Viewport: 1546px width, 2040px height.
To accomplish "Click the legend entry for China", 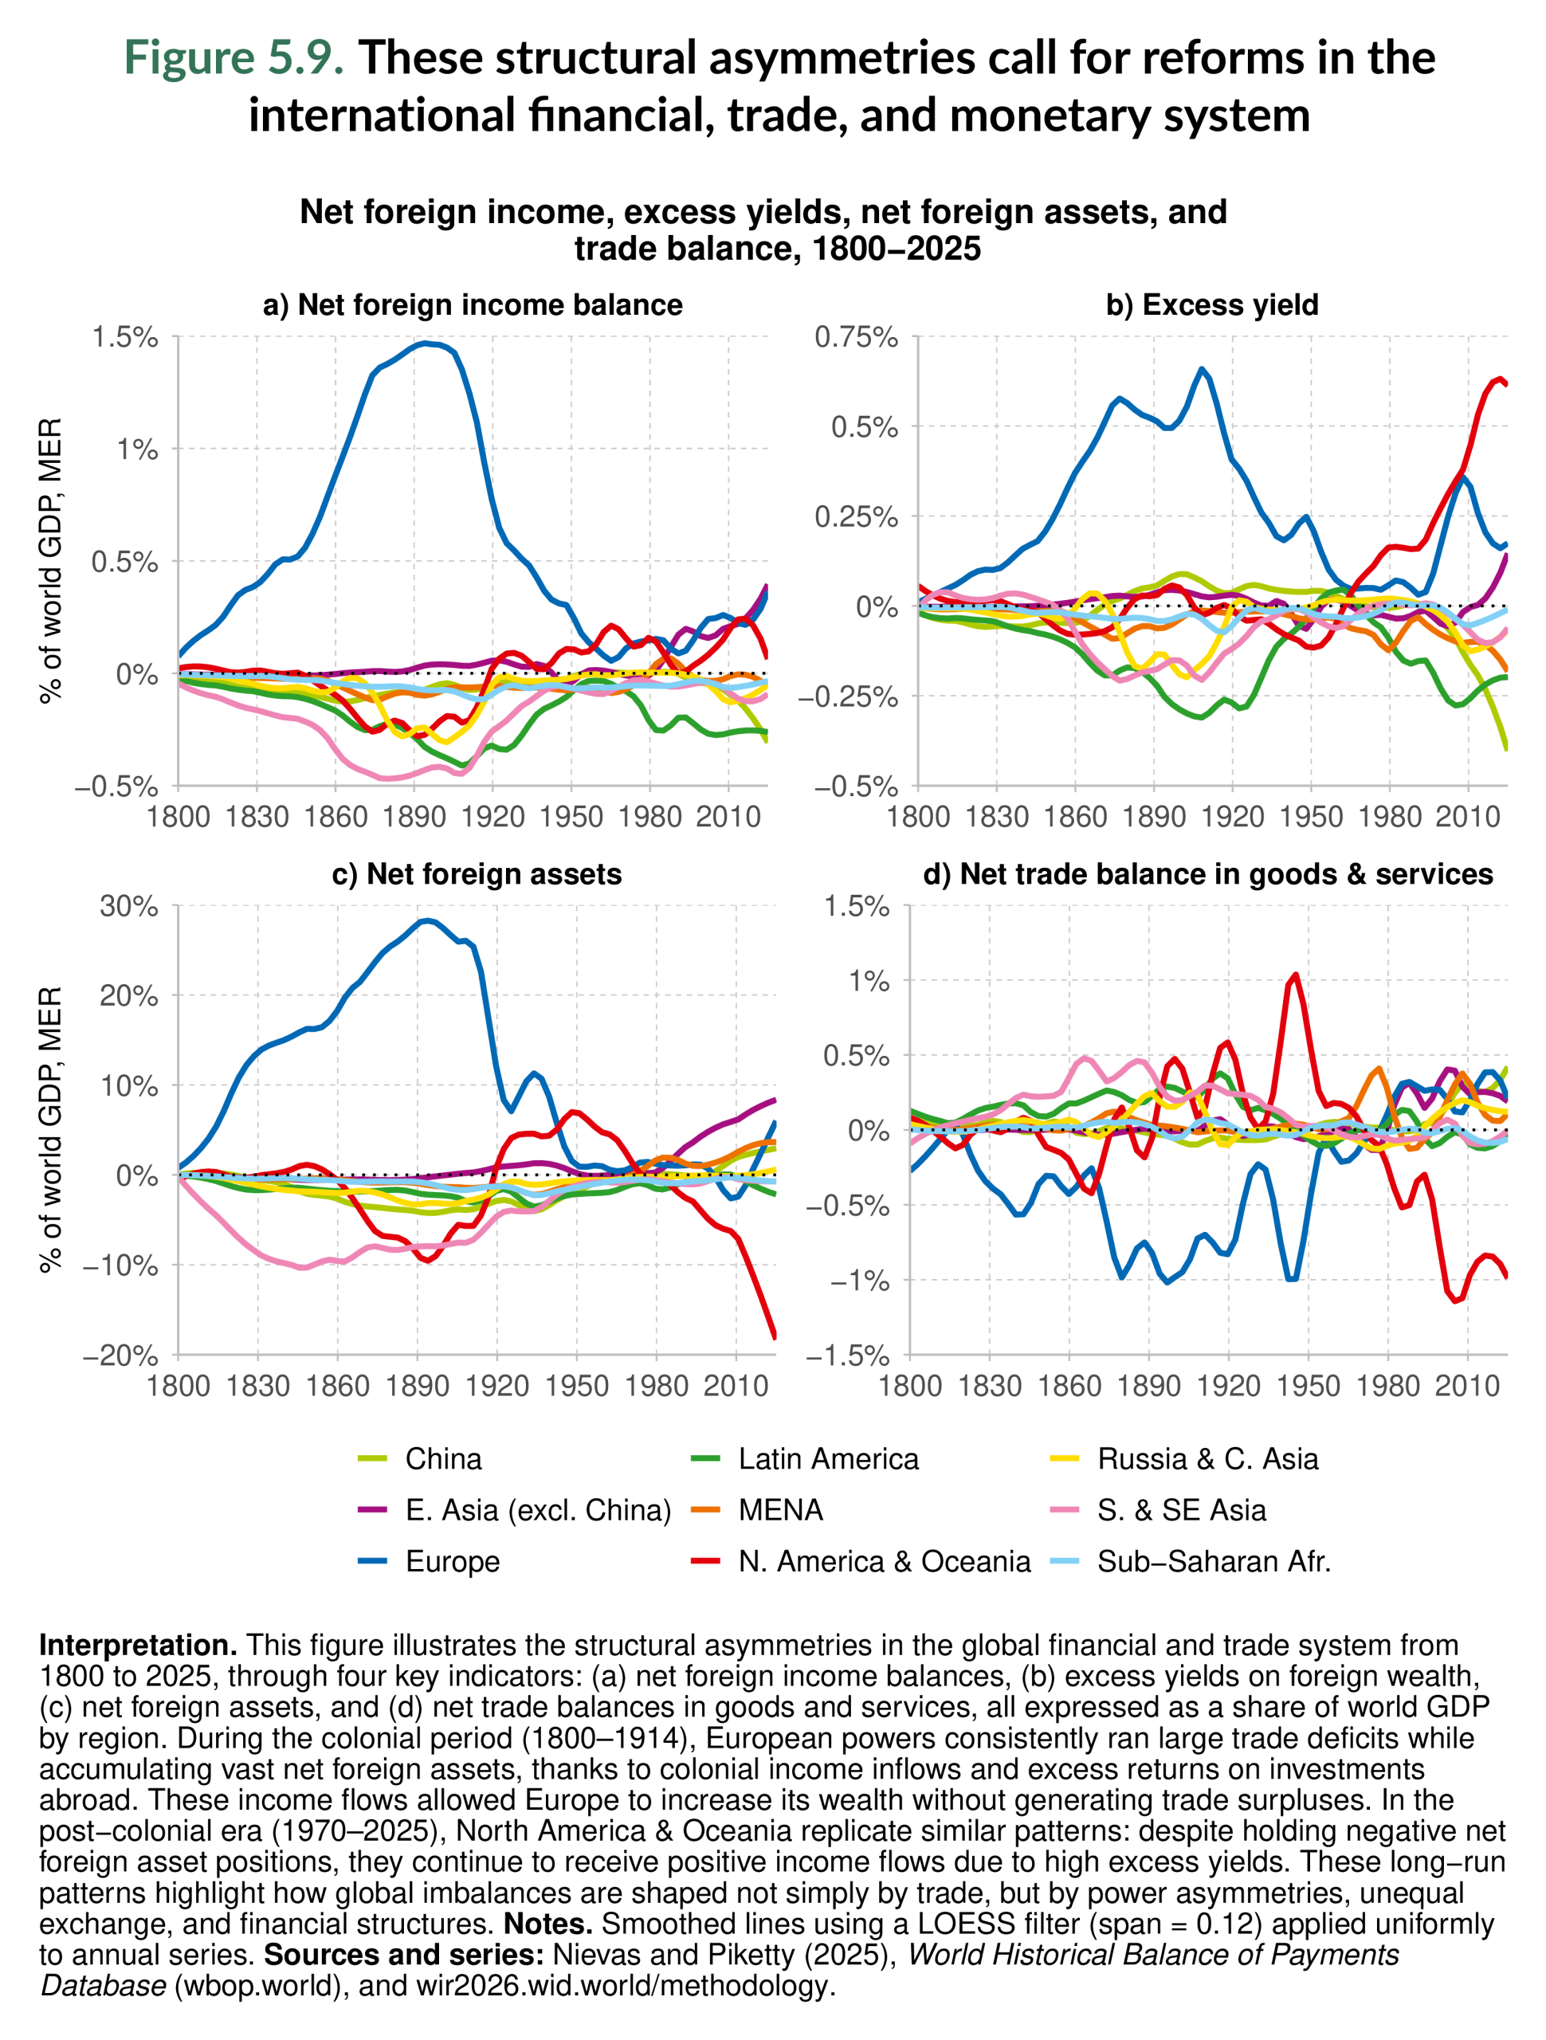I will [x=443, y=1458].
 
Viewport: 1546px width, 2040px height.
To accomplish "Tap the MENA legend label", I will [x=779, y=1510].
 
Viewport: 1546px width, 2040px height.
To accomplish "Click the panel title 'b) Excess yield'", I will [x=1211, y=304].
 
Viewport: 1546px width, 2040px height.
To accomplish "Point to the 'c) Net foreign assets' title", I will [x=476, y=873].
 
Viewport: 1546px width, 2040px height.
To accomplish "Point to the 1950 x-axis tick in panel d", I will [x=1308, y=1385].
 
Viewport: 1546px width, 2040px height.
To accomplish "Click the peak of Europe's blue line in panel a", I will [x=423, y=344].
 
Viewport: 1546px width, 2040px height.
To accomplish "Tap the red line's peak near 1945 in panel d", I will [x=1296, y=974].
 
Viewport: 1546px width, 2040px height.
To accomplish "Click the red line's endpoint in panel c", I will [x=774, y=1336].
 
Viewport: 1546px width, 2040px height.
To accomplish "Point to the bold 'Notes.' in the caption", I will [x=548, y=1923].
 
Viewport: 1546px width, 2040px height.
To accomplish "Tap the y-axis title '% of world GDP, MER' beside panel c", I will [x=52, y=1130].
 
